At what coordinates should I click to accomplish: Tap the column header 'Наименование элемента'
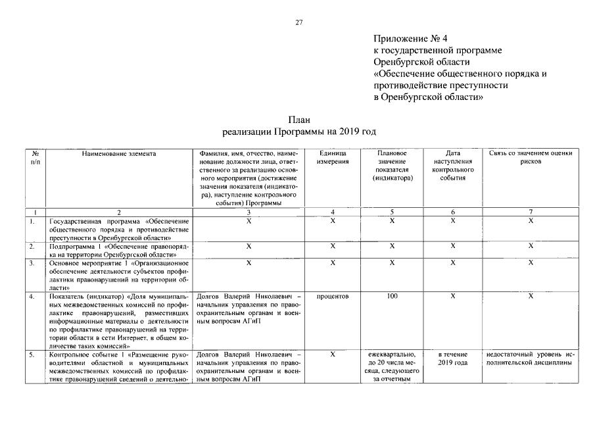coord(120,154)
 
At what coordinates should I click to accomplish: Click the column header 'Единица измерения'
coord(333,158)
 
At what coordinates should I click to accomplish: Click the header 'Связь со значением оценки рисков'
coord(531,158)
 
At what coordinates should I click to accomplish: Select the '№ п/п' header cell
coord(35,158)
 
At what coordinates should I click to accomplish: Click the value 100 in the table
coord(392,297)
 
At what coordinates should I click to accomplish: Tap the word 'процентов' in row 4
coord(333,297)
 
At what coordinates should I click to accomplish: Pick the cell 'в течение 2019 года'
coord(453,359)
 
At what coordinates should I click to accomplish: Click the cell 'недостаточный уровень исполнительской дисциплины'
coord(531,359)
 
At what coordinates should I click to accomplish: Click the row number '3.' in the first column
coord(32,263)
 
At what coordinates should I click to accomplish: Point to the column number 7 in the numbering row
coord(531,212)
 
